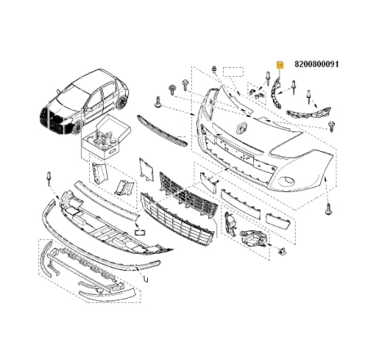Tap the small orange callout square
(279, 64)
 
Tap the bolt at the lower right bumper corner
(328, 209)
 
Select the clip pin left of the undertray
(49, 176)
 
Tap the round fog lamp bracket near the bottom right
(255, 239)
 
